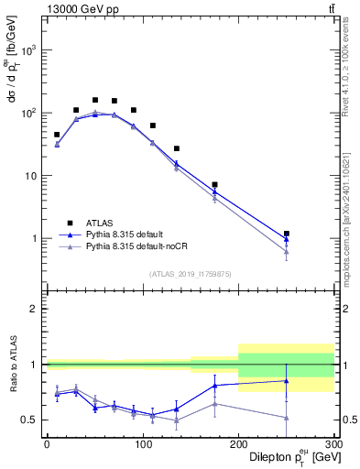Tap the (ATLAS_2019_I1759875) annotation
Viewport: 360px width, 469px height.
191,273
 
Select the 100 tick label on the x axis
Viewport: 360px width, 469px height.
142,445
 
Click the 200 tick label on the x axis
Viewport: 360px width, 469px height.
238,445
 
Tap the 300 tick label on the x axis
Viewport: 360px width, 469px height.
333,445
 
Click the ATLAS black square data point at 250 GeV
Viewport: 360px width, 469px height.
286,234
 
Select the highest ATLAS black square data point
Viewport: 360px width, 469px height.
94,100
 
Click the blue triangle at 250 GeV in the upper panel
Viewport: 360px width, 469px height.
286,239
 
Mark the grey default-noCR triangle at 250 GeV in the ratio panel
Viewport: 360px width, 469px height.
286,418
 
